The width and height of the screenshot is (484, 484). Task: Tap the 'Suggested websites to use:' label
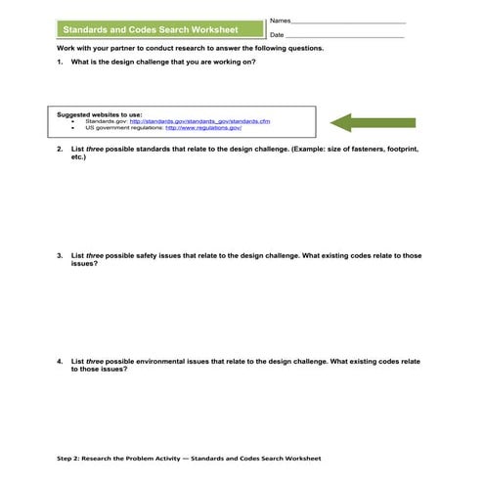click(100, 113)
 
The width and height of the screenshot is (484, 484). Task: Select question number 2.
click(61, 151)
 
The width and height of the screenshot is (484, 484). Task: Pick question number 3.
click(61, 255)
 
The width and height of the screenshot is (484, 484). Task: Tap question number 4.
click(61, 361)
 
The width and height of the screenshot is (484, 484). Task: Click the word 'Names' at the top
click(279, 21)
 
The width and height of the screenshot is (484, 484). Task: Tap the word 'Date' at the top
click(277, 35)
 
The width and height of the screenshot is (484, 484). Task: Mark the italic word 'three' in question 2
click(95, 151)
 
